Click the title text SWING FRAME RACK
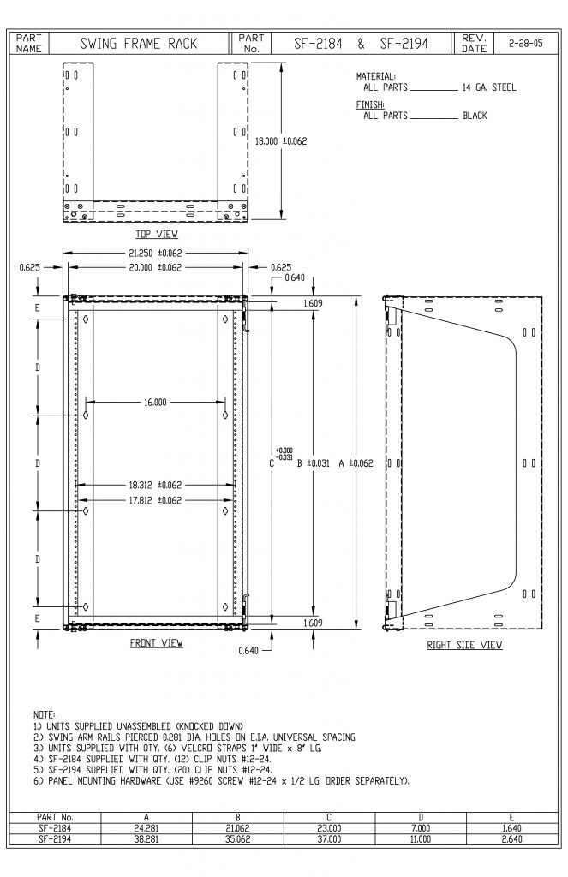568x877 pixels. [x=139, y=44]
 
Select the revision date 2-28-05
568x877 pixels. [x=525, y=44]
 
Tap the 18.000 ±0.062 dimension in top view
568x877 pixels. [x=281, y=141]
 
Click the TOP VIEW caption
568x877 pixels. [x=157, y=234]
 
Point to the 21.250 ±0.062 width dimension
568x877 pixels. [x=155, y=253]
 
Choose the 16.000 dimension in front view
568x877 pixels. [x=155, y=402]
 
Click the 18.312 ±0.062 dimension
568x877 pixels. [x=155, y=485]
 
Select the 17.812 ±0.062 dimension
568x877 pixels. [x=155, y=500]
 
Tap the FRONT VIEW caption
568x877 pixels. [x=157, y=642]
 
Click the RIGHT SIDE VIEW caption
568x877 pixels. [x=464, y=645]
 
